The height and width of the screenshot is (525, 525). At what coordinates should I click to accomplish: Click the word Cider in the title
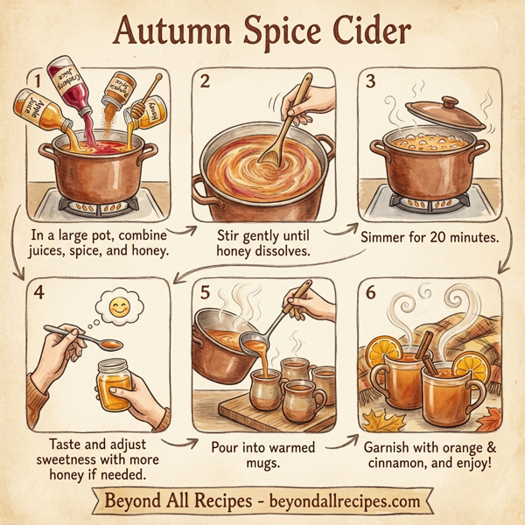pyautogui.click(x=361, y=34)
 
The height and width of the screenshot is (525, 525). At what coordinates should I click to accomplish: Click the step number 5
pyautogui.click(x=206, y=292)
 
